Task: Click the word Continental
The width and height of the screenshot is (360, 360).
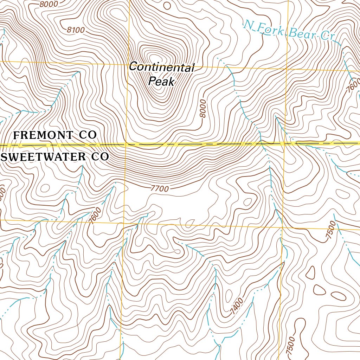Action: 161,67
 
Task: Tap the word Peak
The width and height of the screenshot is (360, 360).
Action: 161,82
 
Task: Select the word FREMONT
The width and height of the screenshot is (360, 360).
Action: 44,135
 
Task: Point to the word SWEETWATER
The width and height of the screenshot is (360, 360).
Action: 44,157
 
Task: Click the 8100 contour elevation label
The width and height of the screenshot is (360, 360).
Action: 76,30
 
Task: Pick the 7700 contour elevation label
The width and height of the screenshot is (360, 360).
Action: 159,189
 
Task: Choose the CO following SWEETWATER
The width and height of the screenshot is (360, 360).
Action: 99,157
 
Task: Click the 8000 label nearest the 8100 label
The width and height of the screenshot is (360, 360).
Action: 48,4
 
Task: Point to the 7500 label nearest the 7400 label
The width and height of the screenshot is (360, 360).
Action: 291,346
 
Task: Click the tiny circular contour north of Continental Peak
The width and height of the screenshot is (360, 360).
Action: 167,6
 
